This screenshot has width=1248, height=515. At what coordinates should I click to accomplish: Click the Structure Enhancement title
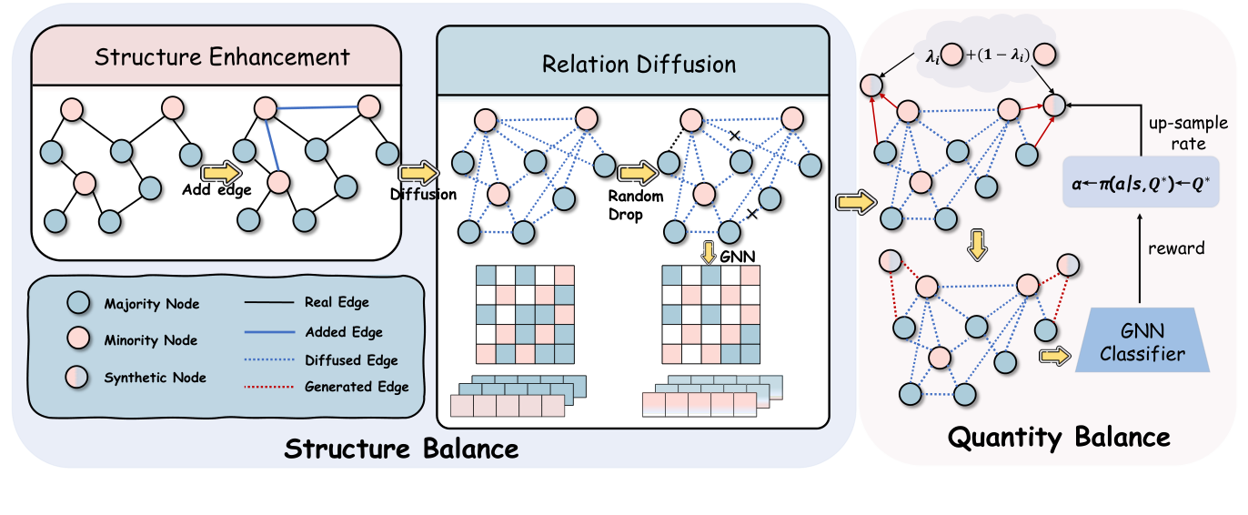coord(223,57)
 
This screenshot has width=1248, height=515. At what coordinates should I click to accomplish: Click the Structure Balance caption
coord(401,449)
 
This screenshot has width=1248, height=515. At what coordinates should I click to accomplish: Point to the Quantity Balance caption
coord(1059,438)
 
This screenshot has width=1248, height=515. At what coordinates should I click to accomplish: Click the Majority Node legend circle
coord(79,302)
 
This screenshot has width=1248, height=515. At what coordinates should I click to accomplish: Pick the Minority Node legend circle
coord(79,339)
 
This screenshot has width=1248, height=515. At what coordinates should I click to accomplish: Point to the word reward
coord(1176,248)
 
